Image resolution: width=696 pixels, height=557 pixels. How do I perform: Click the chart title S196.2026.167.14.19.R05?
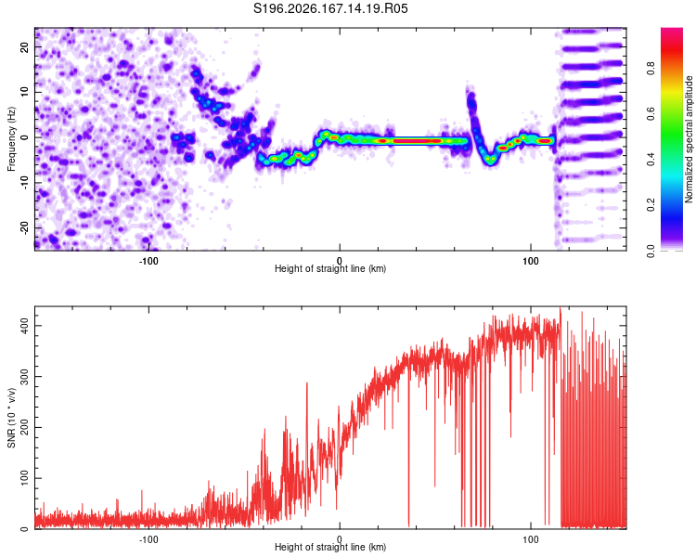(330, 8)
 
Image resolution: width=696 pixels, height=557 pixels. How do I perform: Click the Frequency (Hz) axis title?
(11, 139)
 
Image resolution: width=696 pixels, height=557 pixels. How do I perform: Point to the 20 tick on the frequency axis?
(25, 47)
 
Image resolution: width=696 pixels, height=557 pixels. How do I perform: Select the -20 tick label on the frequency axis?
(25, 228)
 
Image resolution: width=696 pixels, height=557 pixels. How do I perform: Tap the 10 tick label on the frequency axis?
(25, 92)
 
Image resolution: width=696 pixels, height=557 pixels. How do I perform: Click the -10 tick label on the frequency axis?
(25, 183)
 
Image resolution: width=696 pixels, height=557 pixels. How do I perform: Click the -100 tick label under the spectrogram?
(148, 261)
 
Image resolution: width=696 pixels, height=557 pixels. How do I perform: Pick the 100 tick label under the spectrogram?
(531, 261)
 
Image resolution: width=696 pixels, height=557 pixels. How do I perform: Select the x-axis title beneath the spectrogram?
(330, 268)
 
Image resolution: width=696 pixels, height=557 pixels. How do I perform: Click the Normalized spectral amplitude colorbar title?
(689, 139)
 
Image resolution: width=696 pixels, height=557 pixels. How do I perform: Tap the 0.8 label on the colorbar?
(651, 69)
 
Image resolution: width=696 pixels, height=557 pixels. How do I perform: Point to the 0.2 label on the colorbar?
(651, 205)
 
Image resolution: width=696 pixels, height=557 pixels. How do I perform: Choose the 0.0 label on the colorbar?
(651, 251)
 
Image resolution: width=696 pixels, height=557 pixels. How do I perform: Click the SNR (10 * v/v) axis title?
(11, 418)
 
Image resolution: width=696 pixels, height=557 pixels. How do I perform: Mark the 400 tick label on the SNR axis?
(25, 326)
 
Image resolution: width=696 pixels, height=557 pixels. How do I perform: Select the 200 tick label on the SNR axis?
(25, 427)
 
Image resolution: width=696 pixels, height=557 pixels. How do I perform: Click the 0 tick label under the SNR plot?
(340, 539)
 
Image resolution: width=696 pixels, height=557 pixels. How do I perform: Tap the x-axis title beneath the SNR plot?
(330, 547)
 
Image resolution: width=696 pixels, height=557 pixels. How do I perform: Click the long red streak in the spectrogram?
(417, 141)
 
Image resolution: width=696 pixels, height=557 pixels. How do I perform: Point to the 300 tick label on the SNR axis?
(25, 377)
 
